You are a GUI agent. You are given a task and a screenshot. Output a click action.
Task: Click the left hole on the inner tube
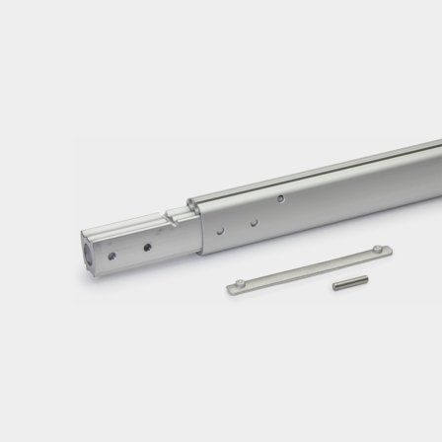click(x=112, y=255)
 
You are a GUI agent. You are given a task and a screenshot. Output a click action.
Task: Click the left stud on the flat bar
click(x=237, y=286)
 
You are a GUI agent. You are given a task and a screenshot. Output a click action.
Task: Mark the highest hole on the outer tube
click(x=281, y=199)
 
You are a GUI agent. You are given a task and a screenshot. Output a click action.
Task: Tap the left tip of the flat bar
click(x=228, y=288)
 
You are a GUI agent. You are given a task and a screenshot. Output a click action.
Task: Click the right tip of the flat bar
click(x=388, y=248)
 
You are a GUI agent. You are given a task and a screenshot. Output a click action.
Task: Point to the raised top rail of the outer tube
click(x=316, y=165)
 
